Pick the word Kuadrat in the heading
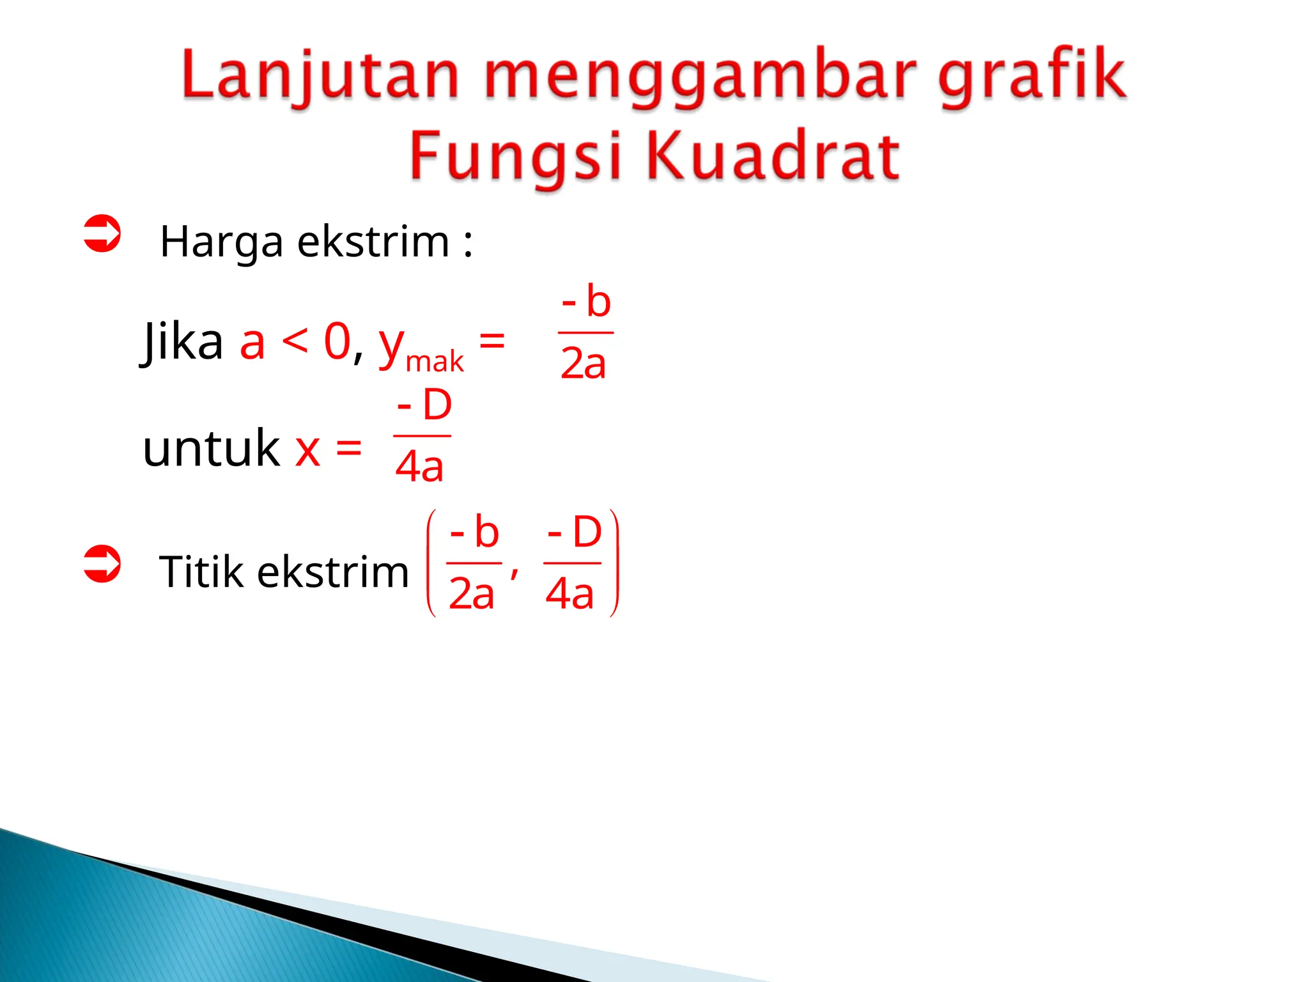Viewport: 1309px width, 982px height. click(x=773, y=156)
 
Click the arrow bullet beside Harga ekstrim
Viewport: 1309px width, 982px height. click(x=102, y=234)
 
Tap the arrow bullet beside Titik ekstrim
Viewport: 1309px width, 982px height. click(x=102, y=565)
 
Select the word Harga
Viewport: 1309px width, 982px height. click(x=221, y=243)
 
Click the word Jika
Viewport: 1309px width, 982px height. click(x=182, y=342)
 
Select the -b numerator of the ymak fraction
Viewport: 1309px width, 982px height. click(x=587, y=302)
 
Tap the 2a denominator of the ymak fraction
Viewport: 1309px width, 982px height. click(x=583, y=364)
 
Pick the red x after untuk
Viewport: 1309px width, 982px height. click(x=307, y=450)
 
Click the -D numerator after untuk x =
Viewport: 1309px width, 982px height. click(x=424, y=405)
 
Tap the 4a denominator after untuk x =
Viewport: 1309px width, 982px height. click(x=419, y=467)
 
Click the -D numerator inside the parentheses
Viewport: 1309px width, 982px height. click(x=575, y=533)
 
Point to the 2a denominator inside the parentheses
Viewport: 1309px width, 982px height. click(x=472, y=594)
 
